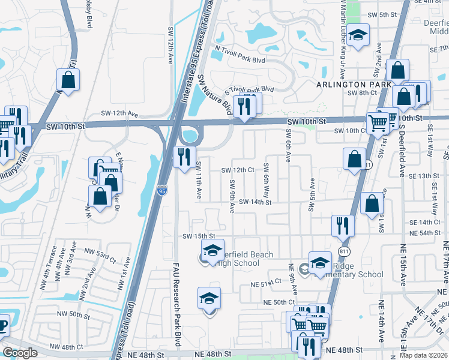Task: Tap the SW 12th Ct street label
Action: point(238,170)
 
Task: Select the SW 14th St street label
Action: point(255,202)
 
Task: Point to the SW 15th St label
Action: point(199,236)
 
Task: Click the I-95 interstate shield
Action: point(163,191)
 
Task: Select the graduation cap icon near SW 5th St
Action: point(358,35)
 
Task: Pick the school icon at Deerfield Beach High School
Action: point(211,251)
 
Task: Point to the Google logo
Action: point(20,353)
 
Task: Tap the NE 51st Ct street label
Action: point(267,281)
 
